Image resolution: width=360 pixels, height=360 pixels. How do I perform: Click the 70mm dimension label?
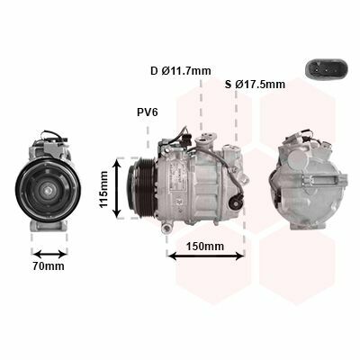pos(49,265)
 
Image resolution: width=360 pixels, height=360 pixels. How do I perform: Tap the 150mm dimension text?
pos(205,247)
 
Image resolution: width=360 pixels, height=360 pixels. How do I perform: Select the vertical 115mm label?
pos(103,189)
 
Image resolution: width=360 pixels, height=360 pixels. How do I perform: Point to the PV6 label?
pos(148,112)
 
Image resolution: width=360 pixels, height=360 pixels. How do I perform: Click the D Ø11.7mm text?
pos(181,71)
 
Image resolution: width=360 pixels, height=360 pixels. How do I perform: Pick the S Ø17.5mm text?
pos(255,85)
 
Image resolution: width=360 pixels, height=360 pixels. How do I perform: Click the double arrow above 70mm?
pos(49,255)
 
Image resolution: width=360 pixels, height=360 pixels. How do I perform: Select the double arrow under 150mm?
pos(206,256)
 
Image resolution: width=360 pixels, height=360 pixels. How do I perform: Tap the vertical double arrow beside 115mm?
pos(117,188)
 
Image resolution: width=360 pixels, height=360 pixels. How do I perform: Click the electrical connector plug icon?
pos(326,69)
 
